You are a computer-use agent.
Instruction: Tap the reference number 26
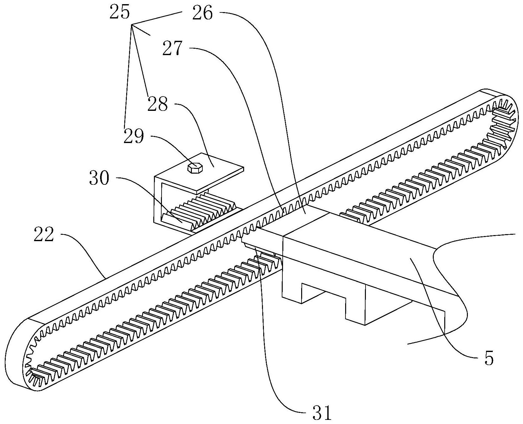[x=202, y=14]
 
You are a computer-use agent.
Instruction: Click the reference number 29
[x=134, y=137]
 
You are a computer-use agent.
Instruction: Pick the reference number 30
[x=99, y=179]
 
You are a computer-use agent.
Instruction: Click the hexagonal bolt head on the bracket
[x=194, y=168]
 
